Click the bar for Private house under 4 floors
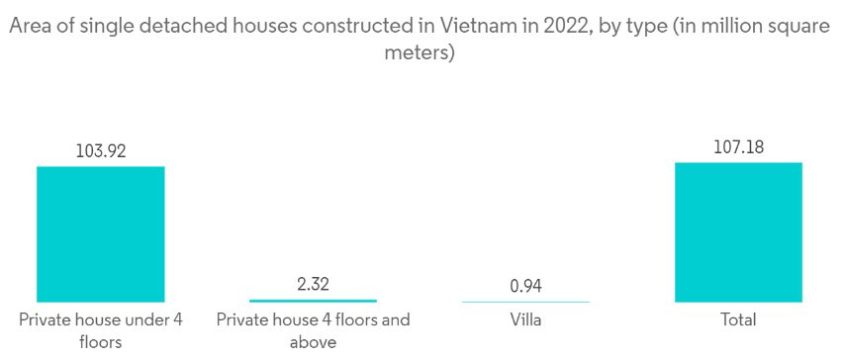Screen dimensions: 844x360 pyautogui.click(x=101, y=234)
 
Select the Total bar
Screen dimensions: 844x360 pyautogui.click(x=738, y=232)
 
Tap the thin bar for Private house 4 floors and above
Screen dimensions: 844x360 pyautogui.click(x=314, y=301)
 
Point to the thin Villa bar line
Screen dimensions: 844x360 pyautogui.click(x=525, y=302)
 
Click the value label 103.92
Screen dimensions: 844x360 pyautogui.click(x=101, y=151)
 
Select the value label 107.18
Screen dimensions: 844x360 pyautogui.click(x=738, y=147)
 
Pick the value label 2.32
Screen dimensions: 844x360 pyautogui.click(x=314, y=284)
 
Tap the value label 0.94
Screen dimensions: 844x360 pyautogui.click(x=525, y=286)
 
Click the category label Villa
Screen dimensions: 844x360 pyautogui.click(x=525, y=319)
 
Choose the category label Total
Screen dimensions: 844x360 pyautogui.click(x=738, y=319)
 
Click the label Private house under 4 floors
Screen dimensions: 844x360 pyautogui.click(x=101, y=330)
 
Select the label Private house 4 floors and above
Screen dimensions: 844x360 pyautogui.click(x=314, y=330)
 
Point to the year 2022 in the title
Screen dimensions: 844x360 pyautogui.click(x=559, y=26)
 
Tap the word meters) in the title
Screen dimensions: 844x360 pyautogui.click(x=421, y=53)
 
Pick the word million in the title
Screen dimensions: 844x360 pyautogui.click(x=737, y=26)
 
